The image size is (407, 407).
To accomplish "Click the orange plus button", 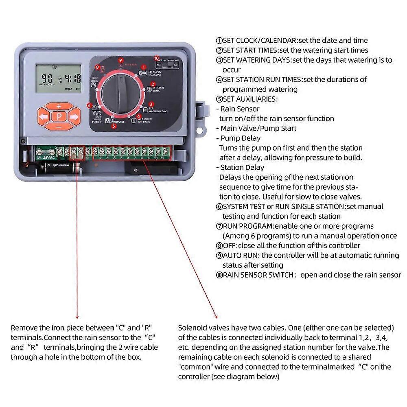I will click(59, 107).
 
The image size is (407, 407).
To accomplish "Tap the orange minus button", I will click(59, 127).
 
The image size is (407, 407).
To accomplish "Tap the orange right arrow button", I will click(74, 117).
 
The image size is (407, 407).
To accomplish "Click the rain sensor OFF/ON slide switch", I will click(168, 65).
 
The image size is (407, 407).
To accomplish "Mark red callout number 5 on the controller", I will click(113, 126).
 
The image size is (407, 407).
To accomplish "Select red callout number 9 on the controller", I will click(120, 60).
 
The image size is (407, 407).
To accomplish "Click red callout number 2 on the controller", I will click(153, 84).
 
